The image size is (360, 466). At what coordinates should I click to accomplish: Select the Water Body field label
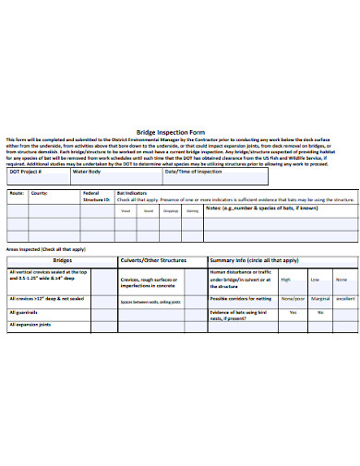click(86, 172)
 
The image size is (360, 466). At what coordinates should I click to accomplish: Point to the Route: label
click(16, 194)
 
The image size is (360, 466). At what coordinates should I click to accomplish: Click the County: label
click(39, 194)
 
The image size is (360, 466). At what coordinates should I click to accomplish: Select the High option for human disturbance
click(286, 279)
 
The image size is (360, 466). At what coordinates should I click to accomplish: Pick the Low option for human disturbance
click(315, 279)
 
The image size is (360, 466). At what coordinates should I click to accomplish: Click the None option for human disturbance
click(342, 279)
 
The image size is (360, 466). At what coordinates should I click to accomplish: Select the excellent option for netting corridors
click(343, 299)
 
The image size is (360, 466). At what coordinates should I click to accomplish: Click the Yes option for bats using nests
click(293, 312)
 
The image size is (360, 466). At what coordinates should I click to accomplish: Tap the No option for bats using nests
click(319, 312)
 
